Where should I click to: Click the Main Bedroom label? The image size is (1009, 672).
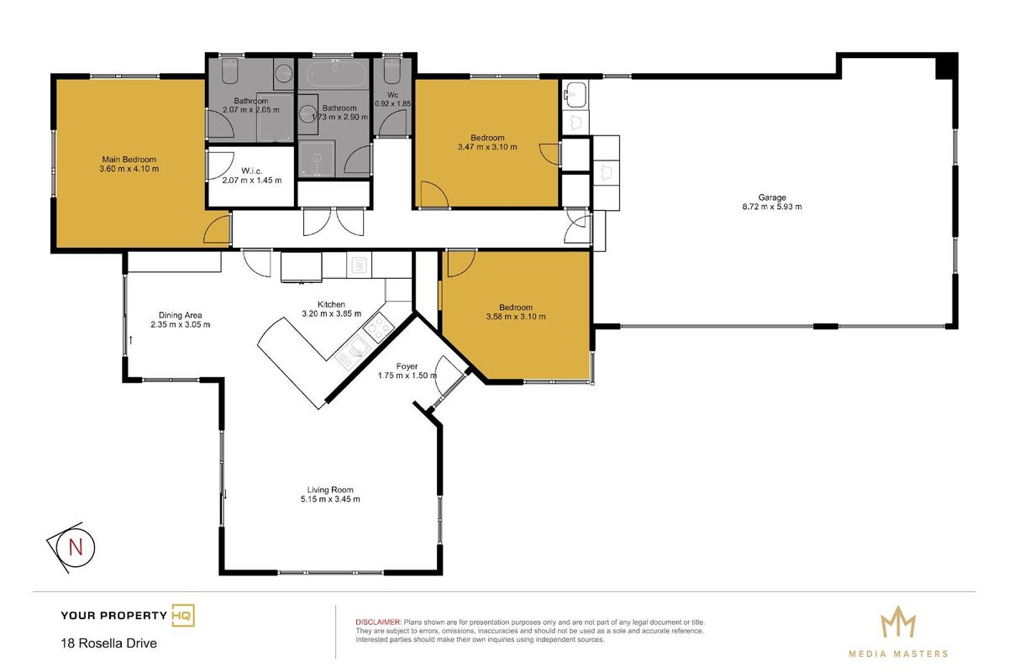[x=129, y=160]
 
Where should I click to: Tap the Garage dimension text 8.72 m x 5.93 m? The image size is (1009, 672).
[x=772, y=207]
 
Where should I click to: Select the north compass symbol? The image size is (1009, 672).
[x=71, y=547]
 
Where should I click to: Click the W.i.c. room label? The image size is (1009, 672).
[x=251, y=171]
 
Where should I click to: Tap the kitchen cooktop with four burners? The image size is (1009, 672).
[x=378, y=328]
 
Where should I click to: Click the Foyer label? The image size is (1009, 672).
[x=407, y=366]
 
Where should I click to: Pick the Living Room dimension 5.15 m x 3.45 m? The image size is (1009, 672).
[x=330, y=499]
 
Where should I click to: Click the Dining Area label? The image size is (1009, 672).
[x=180, y=315]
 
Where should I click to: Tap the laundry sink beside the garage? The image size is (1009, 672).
[x=575, y=95]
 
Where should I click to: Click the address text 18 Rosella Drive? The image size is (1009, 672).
[x=109, y=643]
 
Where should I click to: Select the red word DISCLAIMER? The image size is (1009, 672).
[x=378, y=622]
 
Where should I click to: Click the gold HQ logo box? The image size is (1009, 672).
[x=183, y=615]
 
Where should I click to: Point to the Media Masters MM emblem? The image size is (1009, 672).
[x=898, y=622]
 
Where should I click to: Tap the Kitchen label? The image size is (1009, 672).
[x=331, y=304]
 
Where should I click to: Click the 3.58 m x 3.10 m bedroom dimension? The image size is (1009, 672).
[x=516, y=317]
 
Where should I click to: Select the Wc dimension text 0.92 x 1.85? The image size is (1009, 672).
[x=393, y=103]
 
